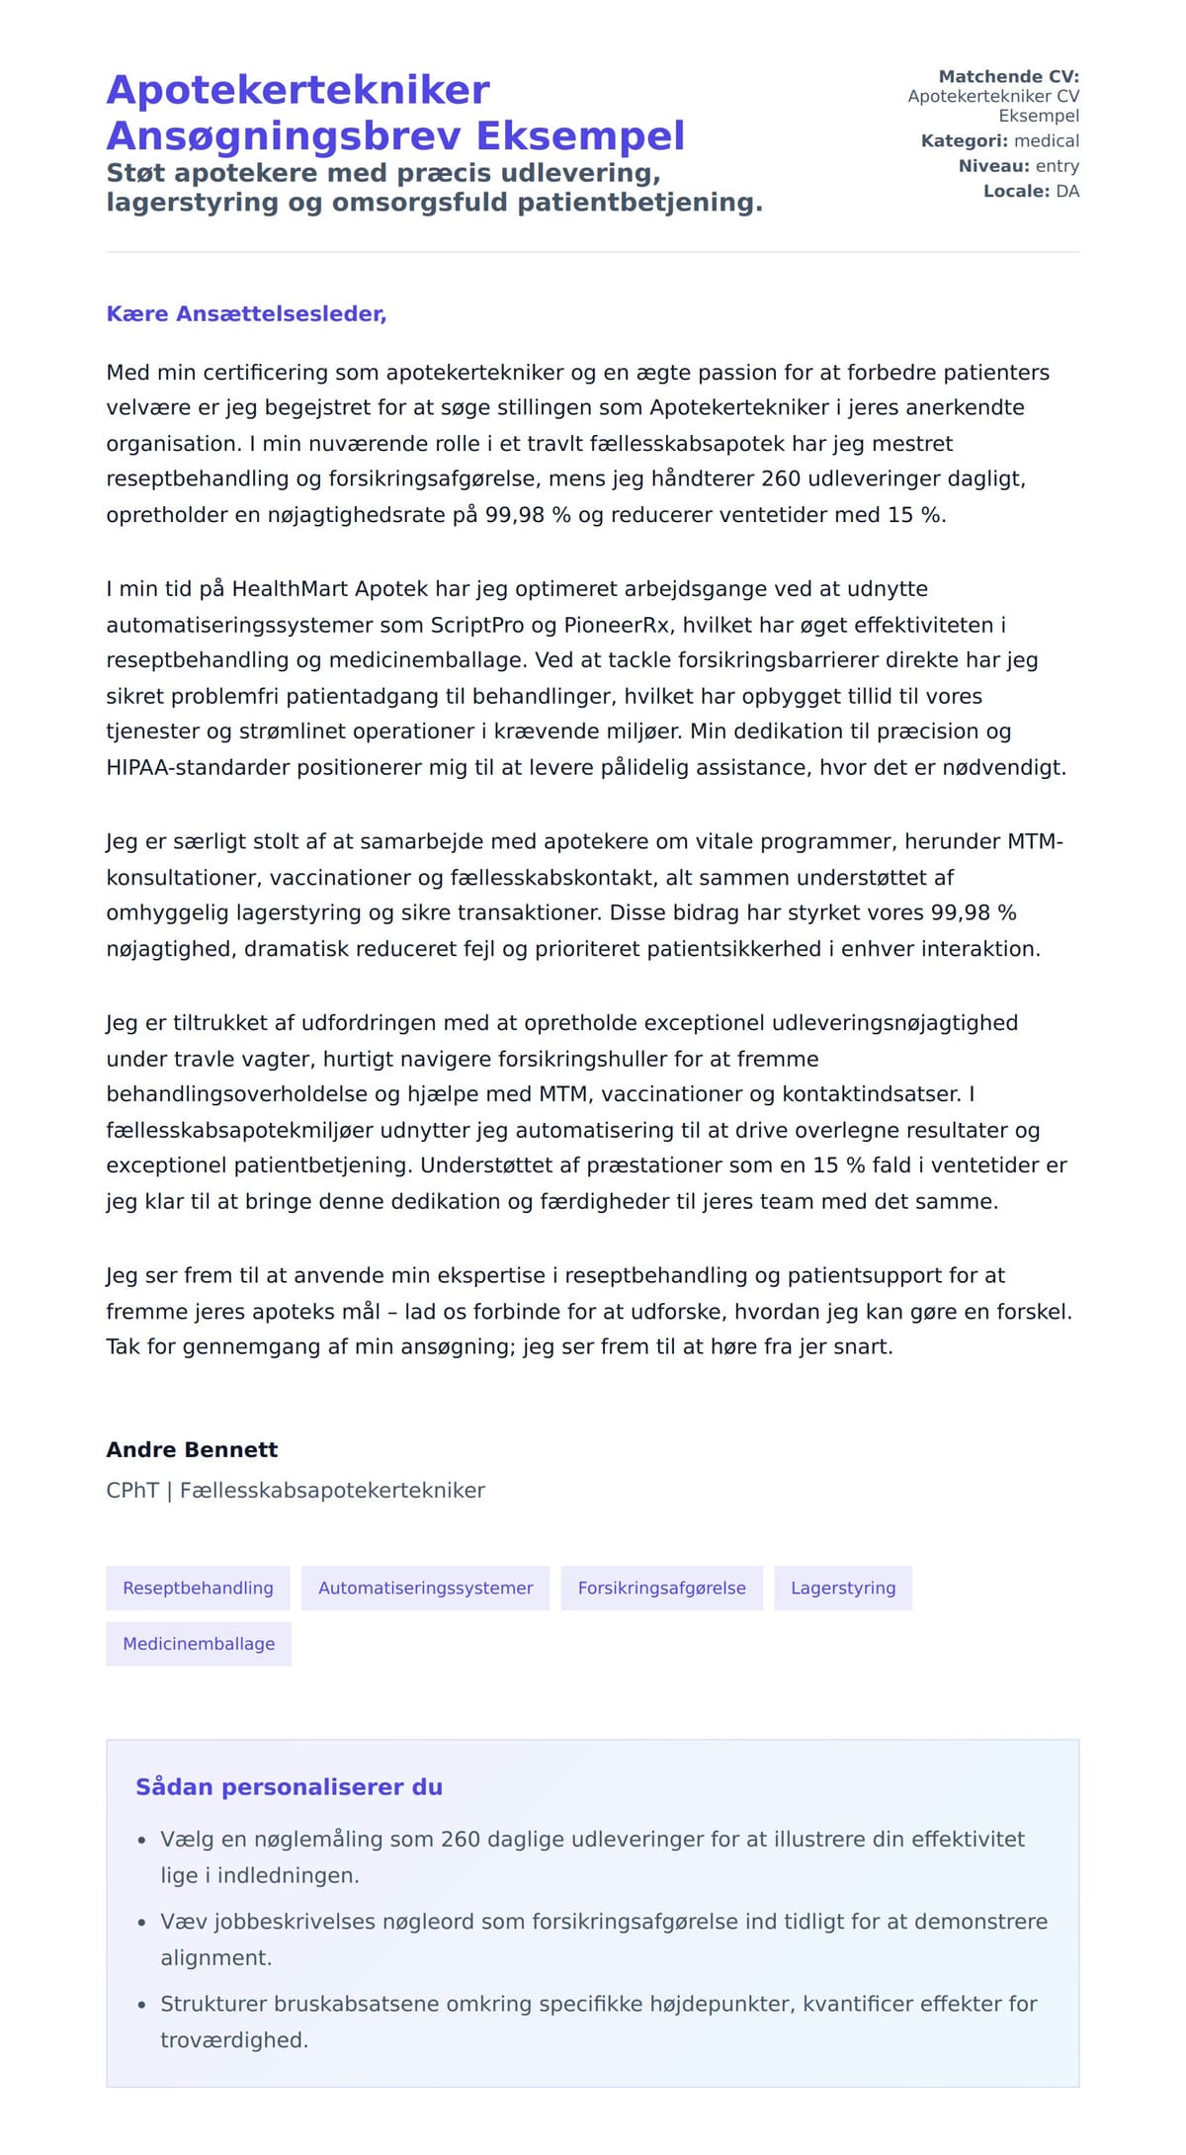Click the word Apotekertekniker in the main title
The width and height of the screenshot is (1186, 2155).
click(297, 90)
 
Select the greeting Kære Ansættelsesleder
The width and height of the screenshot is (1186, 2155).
click(246, 313)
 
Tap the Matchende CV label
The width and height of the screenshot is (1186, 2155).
click(1008, 76)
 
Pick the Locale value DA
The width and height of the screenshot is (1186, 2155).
click(1067, 191)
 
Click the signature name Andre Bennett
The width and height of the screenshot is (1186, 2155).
click(192, 1449)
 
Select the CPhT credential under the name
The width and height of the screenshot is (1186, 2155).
click(132, 1490)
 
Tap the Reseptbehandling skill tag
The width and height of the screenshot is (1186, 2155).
click(198, 1588)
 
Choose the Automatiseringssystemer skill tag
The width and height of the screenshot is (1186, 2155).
click(425, 1588)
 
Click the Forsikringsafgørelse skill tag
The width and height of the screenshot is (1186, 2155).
click(661, 1588)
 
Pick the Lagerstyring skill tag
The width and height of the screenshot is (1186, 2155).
click(843, 1588)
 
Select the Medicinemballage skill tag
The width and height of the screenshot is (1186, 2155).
click(199, 1643)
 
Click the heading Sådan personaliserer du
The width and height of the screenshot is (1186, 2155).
click(289, 1786)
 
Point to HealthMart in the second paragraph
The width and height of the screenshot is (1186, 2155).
click(290, 589)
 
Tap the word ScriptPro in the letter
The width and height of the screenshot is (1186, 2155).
click(476, 625)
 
